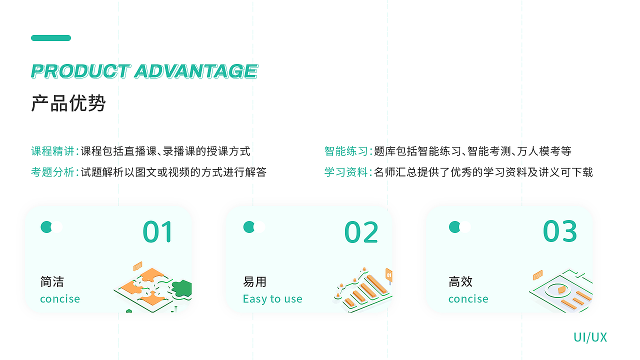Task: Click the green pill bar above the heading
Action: coord(51,38)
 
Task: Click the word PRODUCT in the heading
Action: coord(80,71)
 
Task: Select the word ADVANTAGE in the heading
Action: coord(196,71)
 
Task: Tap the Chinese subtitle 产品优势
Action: coord(68,103)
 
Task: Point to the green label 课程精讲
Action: coord(52,151)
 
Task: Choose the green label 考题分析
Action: coord(52,172)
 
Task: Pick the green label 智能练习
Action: coord(345,151)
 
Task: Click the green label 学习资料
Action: coord(345,172)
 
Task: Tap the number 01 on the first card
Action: coord(158,232)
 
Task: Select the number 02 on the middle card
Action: coord(361,232)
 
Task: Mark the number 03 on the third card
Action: coord(560,231)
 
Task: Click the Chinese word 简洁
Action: coord(52,282)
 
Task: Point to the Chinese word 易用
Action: coord(254,282)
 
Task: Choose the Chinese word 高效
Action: coord(460,282)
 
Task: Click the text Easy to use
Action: coord(272,299)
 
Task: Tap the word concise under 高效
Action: coord(468,299)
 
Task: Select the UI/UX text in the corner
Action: coord(590,337)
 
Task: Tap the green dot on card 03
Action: coord(454,227)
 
